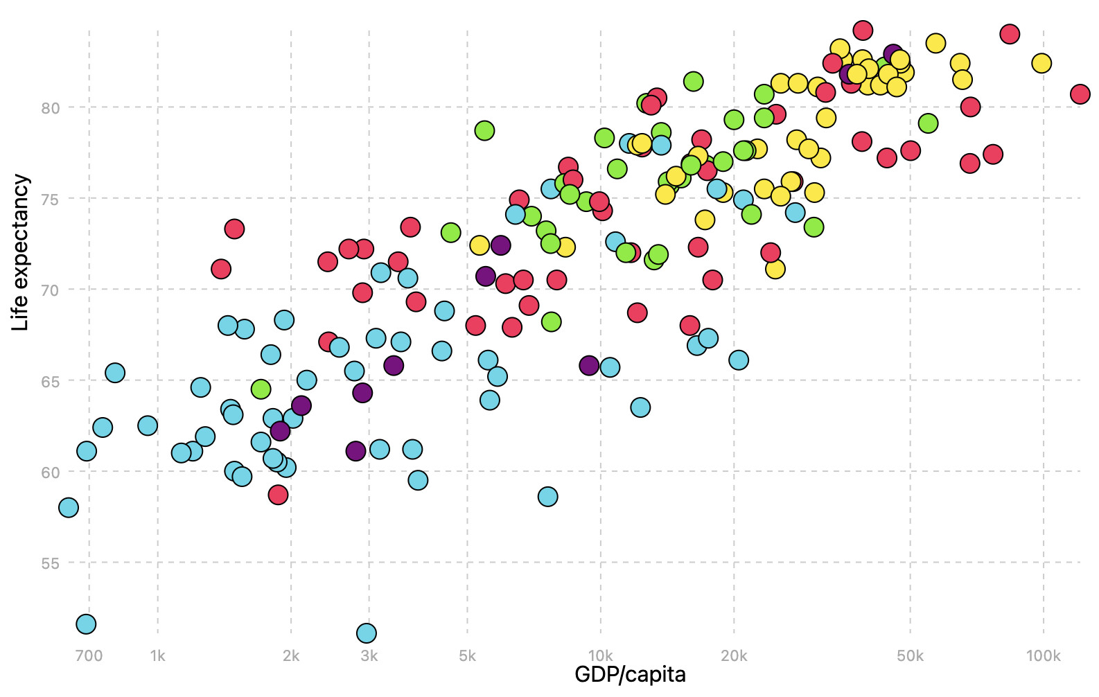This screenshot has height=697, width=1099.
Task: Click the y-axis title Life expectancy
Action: point(21,253)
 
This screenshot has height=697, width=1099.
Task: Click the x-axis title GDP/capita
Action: point(630,674)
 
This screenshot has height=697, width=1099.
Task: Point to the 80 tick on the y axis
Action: point(50,108)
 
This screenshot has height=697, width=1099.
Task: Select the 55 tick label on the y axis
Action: point(50,564)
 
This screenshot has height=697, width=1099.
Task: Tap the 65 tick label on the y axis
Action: point(50,382)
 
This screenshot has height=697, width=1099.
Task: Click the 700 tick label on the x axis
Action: point(89,656)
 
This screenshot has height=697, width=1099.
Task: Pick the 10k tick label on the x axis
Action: point(600,656)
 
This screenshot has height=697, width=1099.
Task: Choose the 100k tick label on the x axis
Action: point(1042,656)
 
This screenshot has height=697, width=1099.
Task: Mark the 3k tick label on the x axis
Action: point(369,656)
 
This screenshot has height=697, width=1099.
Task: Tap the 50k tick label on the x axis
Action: point(910,656)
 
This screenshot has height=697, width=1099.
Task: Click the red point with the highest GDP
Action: point(1080,94)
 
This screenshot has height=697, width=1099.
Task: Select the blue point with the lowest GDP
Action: point(69,508)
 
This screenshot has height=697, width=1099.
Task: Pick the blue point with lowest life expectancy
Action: point(367,633)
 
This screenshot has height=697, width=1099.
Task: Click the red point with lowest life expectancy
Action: point(278,495)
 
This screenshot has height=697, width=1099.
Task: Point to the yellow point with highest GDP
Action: point(1041,63)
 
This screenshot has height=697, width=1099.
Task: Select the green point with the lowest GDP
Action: point(261,389)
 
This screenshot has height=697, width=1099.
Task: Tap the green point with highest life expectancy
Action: point(693,81)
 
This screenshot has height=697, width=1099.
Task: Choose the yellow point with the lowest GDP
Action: point(480,245)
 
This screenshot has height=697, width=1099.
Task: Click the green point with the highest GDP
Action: point(928,123)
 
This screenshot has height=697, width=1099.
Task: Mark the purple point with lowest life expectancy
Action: point(355,451)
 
